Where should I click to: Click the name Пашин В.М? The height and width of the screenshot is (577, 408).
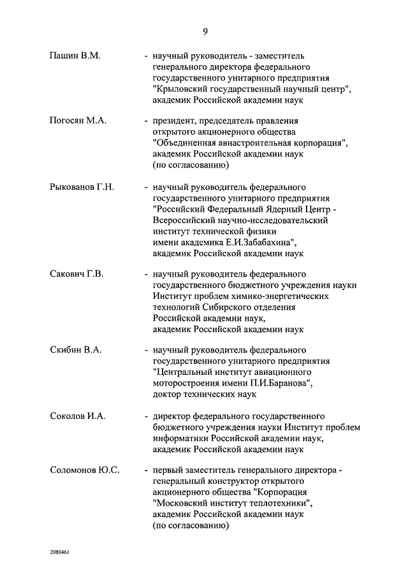(x=75, y=56)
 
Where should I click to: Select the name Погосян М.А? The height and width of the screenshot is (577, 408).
(x=78, y=121)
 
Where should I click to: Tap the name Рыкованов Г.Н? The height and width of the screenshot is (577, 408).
(x=82, y=187)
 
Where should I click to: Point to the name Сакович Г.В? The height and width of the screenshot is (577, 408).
(x=76, y=274)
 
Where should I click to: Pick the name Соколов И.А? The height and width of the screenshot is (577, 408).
(x=78, y=416)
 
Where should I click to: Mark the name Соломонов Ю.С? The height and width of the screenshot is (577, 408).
(x=85, y=471)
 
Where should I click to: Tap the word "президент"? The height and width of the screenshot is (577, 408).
(x=174, y=121)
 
